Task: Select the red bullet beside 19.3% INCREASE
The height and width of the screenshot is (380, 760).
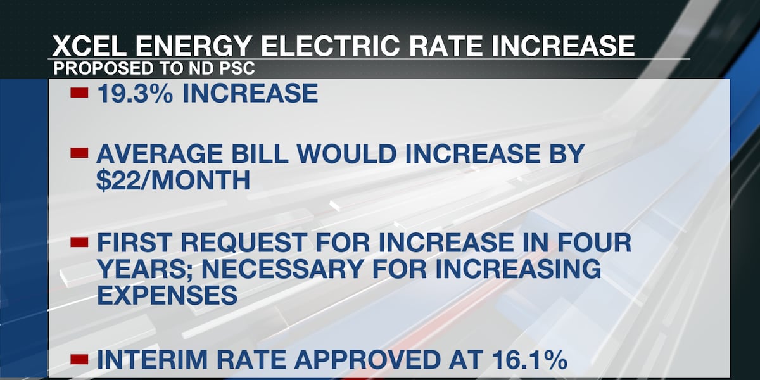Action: [x=79, y=93]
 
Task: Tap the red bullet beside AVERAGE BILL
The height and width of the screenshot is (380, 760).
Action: [x=79, y=153]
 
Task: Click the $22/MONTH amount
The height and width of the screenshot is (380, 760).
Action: [x=173, y=182]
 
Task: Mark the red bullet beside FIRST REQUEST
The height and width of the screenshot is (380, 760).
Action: [x=79, y=243]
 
